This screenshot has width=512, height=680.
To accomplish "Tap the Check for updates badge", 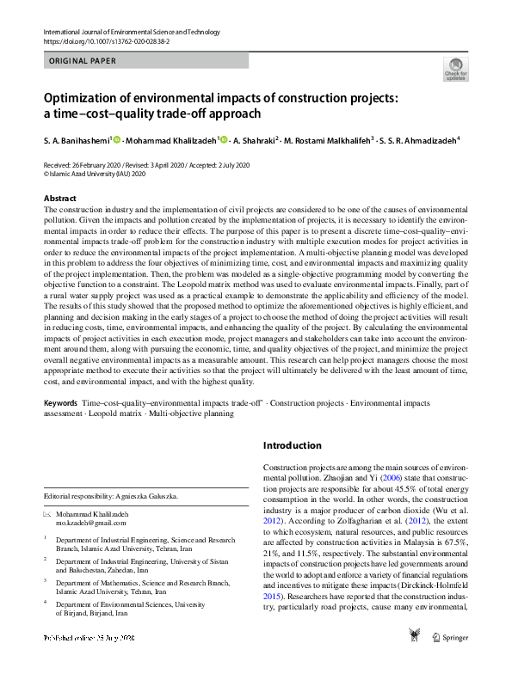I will [455, 69].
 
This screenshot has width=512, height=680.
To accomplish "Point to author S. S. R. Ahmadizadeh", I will [422, 139].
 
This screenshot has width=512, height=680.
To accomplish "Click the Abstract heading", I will [60, 198].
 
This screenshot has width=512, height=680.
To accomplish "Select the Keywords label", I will [60, 403].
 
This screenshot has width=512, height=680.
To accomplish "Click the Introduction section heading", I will [293, 445].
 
